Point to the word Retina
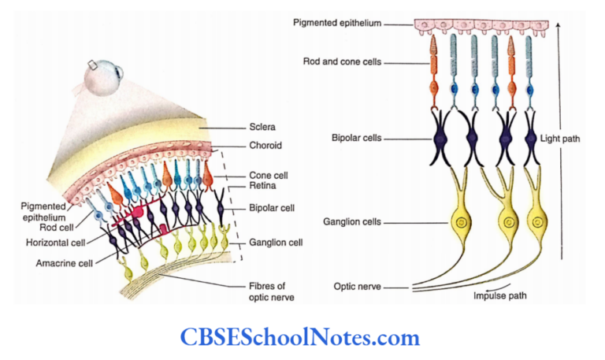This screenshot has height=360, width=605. (x=252, y=189)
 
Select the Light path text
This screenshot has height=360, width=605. (x=561, y=139)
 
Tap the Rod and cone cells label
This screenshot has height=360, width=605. (x=341, y=61)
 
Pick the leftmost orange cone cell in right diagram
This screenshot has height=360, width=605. (x=432, y=75)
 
